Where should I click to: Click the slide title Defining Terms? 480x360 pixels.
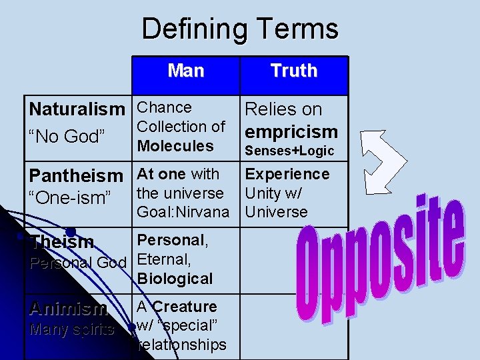pos(240,29)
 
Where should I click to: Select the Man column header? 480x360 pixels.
pos(186,71)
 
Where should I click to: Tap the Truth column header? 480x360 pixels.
pos(294,71)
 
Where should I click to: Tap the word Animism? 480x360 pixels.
pos(68,309)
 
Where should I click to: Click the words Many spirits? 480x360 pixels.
pos(71,329)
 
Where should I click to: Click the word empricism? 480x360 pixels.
pos(292,131)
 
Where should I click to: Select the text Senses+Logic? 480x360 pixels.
pos(289,151)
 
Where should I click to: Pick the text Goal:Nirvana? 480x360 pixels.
pos(183,212)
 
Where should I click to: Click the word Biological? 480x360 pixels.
pos(175,279)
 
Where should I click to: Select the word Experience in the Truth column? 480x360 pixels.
pos(287,174)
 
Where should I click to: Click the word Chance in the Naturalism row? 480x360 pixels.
pos(164,107)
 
